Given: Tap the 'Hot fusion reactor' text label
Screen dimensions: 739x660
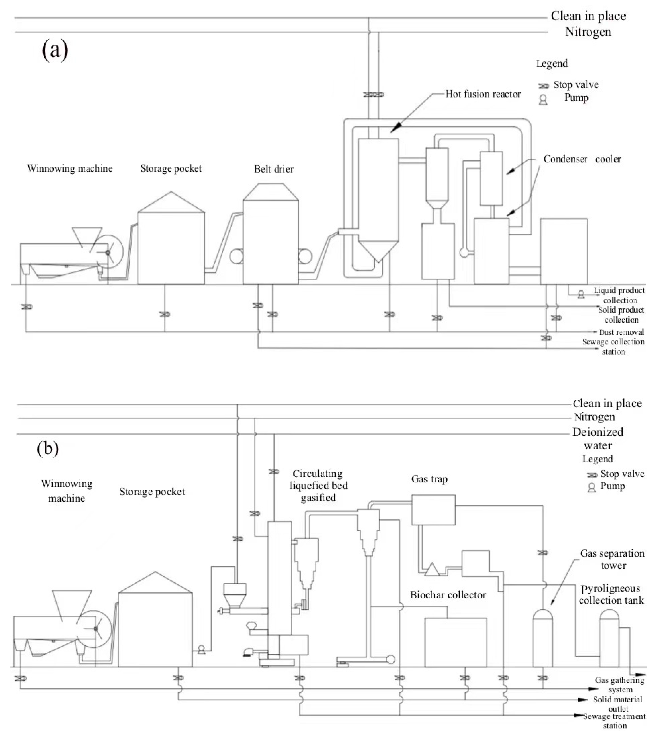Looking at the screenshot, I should coord(483,94).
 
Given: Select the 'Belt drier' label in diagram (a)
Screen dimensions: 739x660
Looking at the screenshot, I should coord(273,169).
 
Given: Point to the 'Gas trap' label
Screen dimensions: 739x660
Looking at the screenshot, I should coord(429,479).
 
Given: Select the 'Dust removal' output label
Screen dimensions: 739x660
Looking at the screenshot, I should coord(621,332).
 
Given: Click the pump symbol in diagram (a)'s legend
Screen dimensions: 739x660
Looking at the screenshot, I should coord(543,100).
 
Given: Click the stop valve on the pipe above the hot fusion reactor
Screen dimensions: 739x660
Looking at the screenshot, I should coord(373,94).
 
